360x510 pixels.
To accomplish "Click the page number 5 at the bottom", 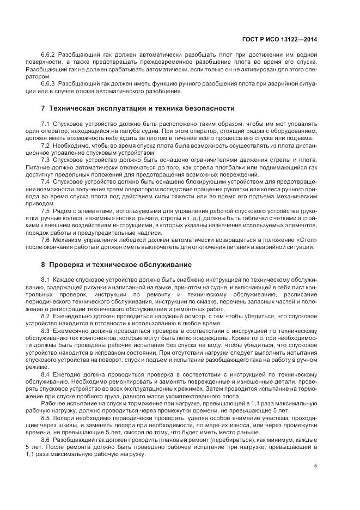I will click(x=317, y=466).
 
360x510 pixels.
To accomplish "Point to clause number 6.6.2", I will click(x=48, y=56).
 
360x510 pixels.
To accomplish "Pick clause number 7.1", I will click(x=45, y=124).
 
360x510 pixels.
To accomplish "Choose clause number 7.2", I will click(x=45, y=145).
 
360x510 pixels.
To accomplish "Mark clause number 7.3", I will click(x=45, y=160).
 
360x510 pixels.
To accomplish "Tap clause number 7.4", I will click(x=45, y=181).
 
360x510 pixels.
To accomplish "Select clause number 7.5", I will click(x=45, y=210).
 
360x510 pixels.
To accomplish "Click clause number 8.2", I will click(x=45, y=315).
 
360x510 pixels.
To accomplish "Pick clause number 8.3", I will click(x=45, y=330).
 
